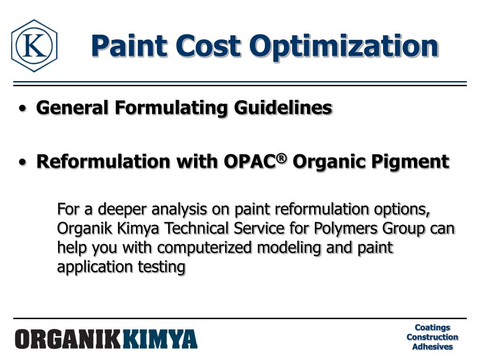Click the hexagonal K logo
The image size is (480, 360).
(34, 45)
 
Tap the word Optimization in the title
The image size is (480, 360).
(345, 45)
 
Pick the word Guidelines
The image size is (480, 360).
(284, 108)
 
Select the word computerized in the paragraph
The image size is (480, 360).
(204, 247)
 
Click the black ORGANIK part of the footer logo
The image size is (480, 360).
(68, 339)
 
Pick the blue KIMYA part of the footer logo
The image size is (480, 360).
(160, 339)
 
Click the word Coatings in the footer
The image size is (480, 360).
(432, 328)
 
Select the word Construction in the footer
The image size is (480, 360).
(432, 337)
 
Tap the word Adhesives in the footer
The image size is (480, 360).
(432, 347)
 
